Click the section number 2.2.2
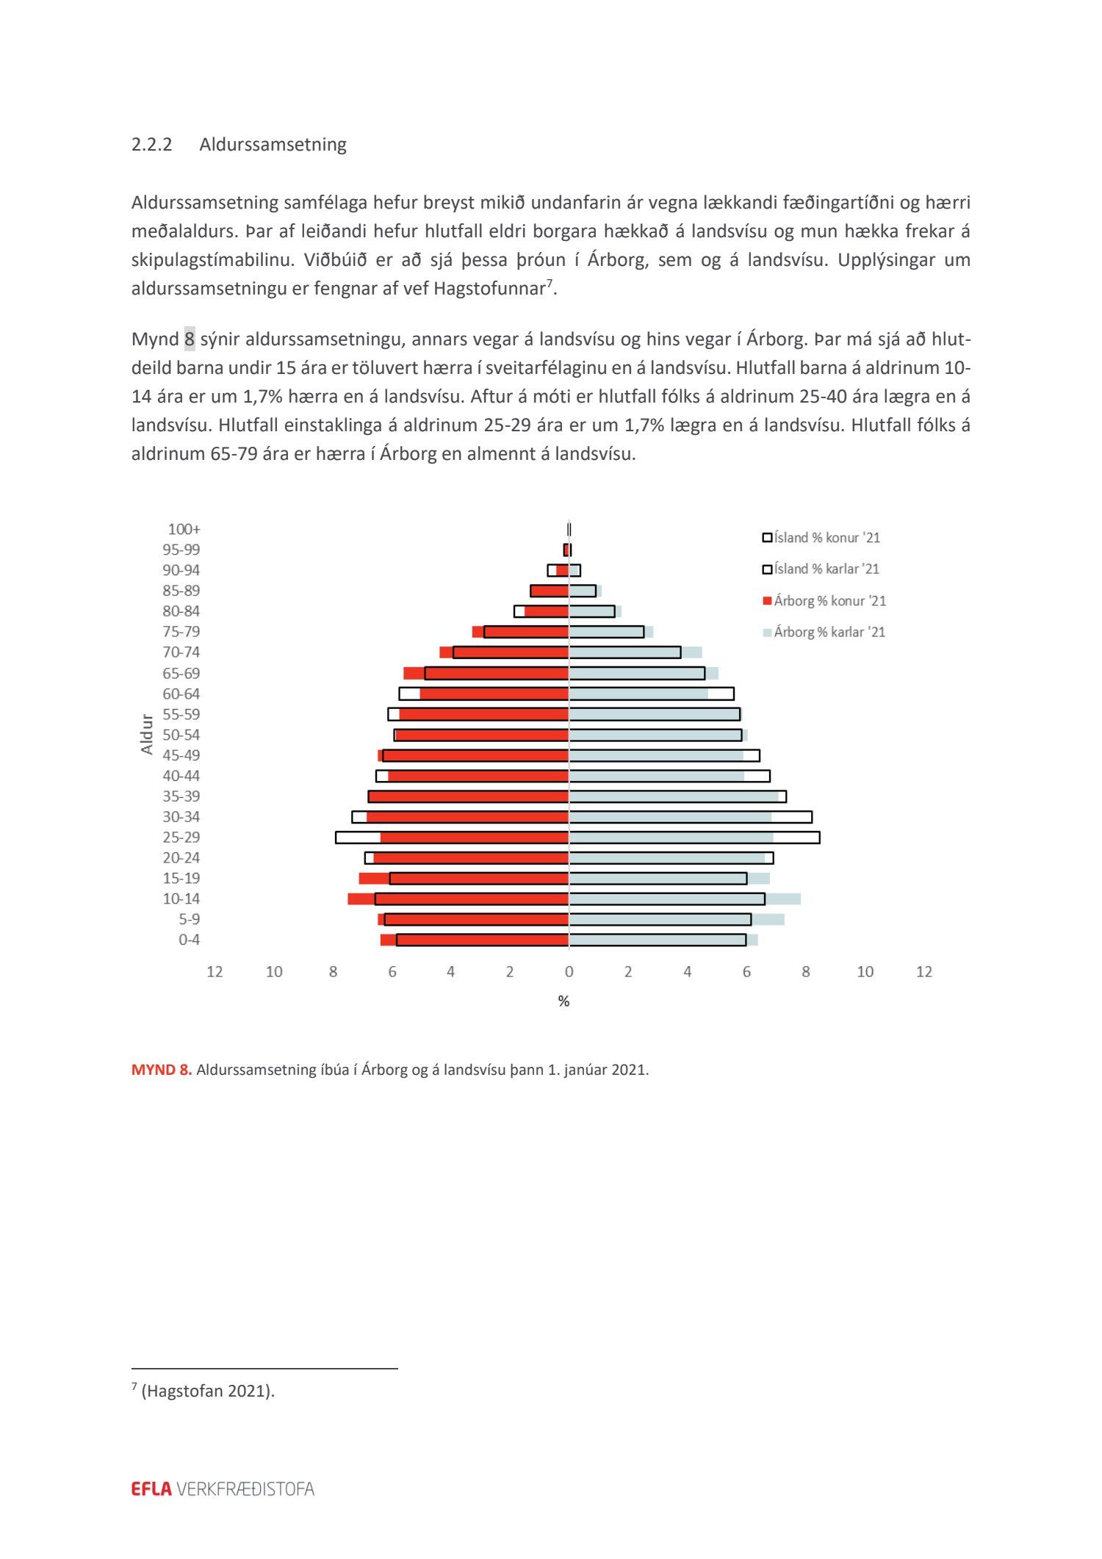point(151,144)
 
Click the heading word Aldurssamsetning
point(273,144)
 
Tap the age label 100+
point(184,529)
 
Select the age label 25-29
point(181,838)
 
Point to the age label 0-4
point(189,940)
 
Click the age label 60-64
point(181,694)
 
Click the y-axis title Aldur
point(147,734)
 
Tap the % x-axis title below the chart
point(563,1001)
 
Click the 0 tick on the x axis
point(569,972)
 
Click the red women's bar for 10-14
point(470,899)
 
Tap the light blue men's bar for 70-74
point(624,652)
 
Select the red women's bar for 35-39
point(470,796)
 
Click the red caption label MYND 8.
point(161,1070)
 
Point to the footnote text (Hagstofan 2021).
point(208,1391)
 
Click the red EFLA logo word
point(151,1489)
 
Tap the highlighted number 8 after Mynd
point(190,339)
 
